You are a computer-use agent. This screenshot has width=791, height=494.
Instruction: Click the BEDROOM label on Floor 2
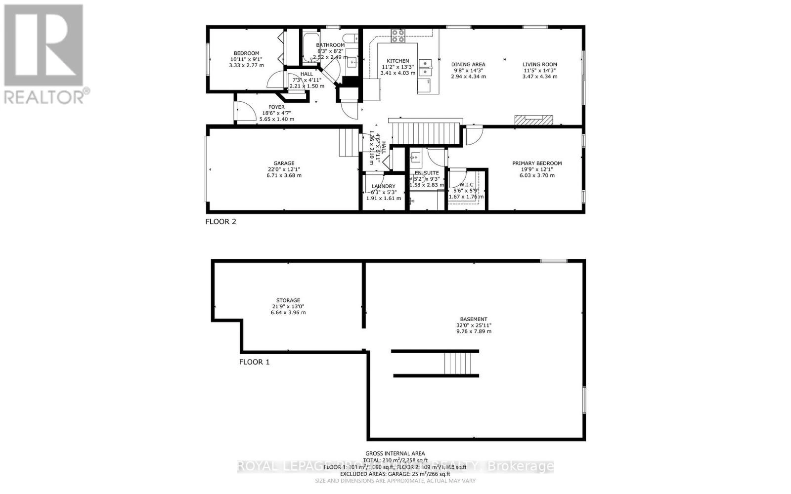(246, 53)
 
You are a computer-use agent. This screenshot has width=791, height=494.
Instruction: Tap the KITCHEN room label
(397, 61)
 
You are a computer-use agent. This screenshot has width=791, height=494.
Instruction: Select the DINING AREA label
(468, 64)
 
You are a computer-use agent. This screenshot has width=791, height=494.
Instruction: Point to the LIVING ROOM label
(540, 64)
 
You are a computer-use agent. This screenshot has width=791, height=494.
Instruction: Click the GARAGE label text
(284, 164)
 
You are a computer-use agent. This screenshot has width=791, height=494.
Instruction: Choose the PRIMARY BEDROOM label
(537, 164)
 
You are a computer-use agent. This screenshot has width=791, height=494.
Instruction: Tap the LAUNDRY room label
(383, 186)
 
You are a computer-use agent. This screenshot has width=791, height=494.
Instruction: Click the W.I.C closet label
(466, 184)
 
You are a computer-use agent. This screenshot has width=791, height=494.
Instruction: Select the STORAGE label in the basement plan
(288, 300)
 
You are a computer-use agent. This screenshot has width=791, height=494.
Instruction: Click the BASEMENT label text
(474, 319)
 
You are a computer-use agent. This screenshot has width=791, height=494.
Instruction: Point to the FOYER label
(276, 107)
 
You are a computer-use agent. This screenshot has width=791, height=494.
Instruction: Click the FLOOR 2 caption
(220, 221)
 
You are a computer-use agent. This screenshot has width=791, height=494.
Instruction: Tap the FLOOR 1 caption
(254, 362)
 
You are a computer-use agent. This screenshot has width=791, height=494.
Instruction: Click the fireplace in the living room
(533, 120)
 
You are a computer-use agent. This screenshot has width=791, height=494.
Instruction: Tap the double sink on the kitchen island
(425, 68)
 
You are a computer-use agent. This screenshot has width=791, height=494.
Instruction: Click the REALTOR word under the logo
(44, 96)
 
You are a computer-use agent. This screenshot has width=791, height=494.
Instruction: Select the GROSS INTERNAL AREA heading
(395, 453)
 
